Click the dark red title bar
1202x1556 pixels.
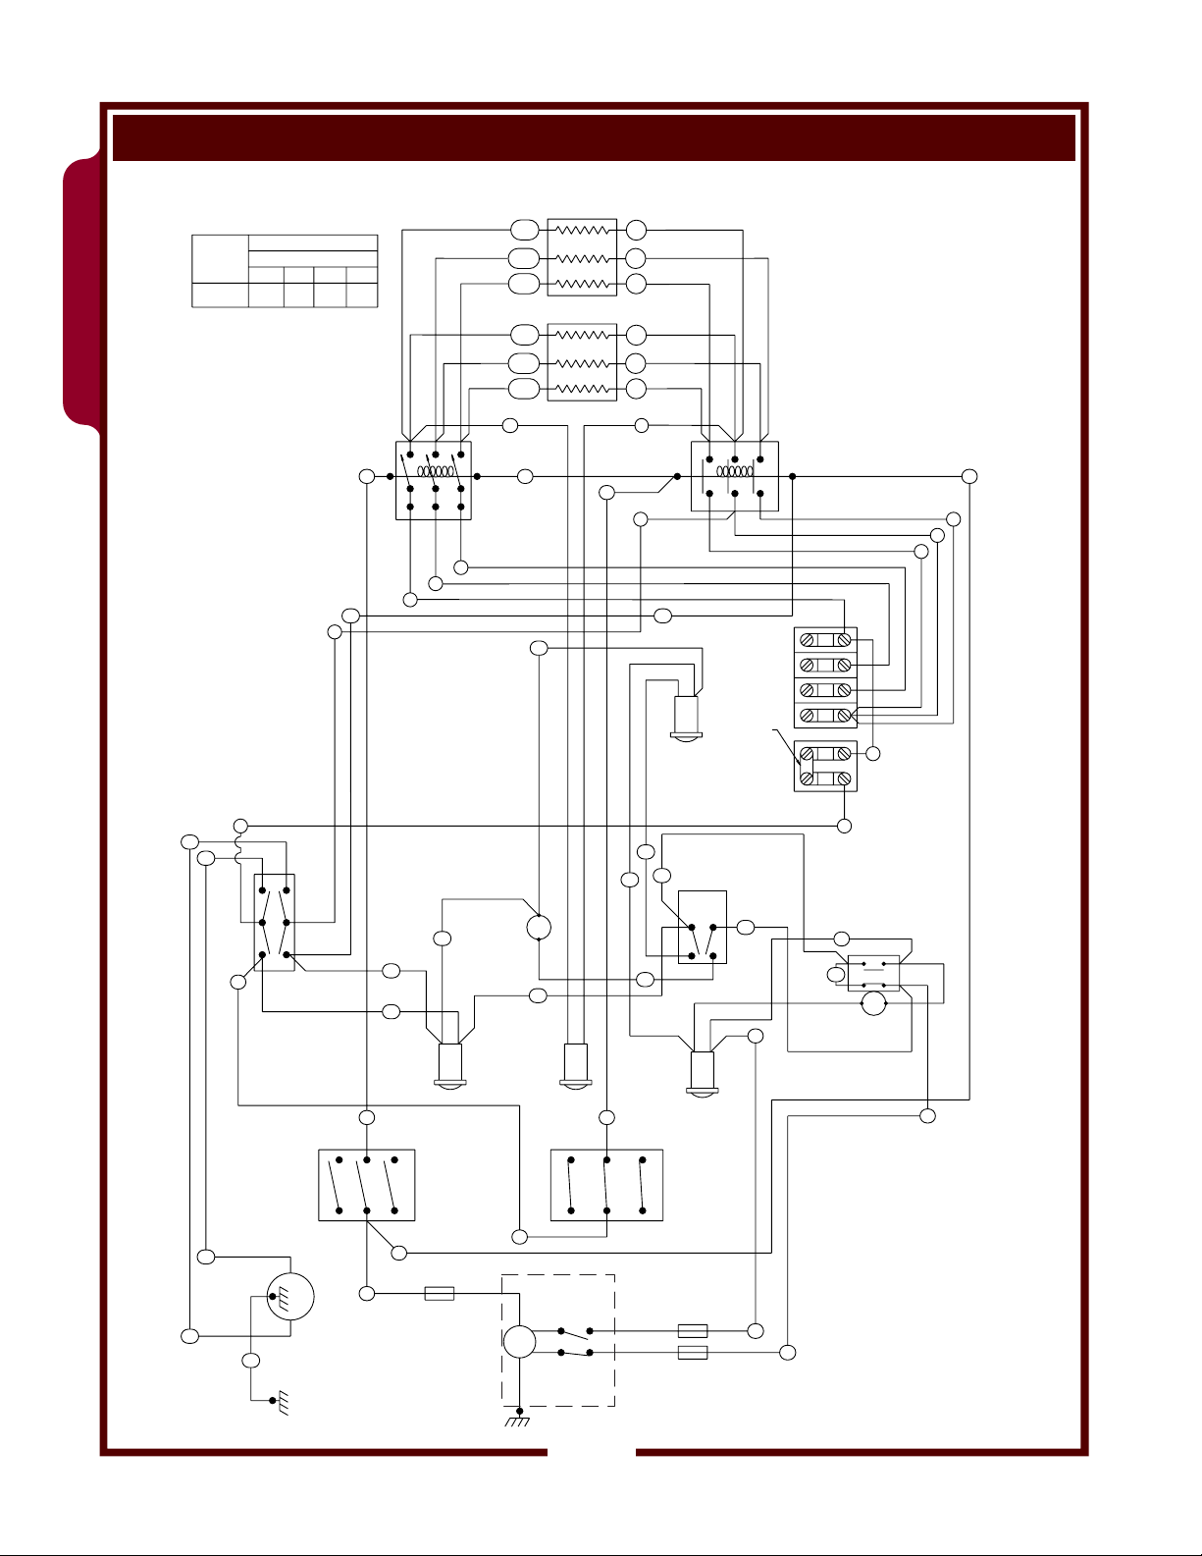coord(594,137)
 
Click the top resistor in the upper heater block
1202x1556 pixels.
coord(582,231)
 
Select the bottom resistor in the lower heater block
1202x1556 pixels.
coord(582,389)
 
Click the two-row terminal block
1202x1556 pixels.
coord(825,766)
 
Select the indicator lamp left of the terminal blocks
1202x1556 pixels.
coord(684,717)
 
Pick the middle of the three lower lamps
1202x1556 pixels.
coord(574,1066)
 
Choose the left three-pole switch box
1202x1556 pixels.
coord(367,1185)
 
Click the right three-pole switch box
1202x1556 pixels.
coord(606,1185)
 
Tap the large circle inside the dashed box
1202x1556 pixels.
coord(519,1342)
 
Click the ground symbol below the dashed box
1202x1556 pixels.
coord(518,1420)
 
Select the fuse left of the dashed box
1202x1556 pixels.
coord(439,1294)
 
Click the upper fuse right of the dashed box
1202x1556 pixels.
coord(693,1331)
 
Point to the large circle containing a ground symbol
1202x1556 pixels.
coord(290,1297)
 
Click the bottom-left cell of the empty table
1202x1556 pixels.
coord(219,295)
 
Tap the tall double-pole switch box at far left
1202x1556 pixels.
coord(274,923)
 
